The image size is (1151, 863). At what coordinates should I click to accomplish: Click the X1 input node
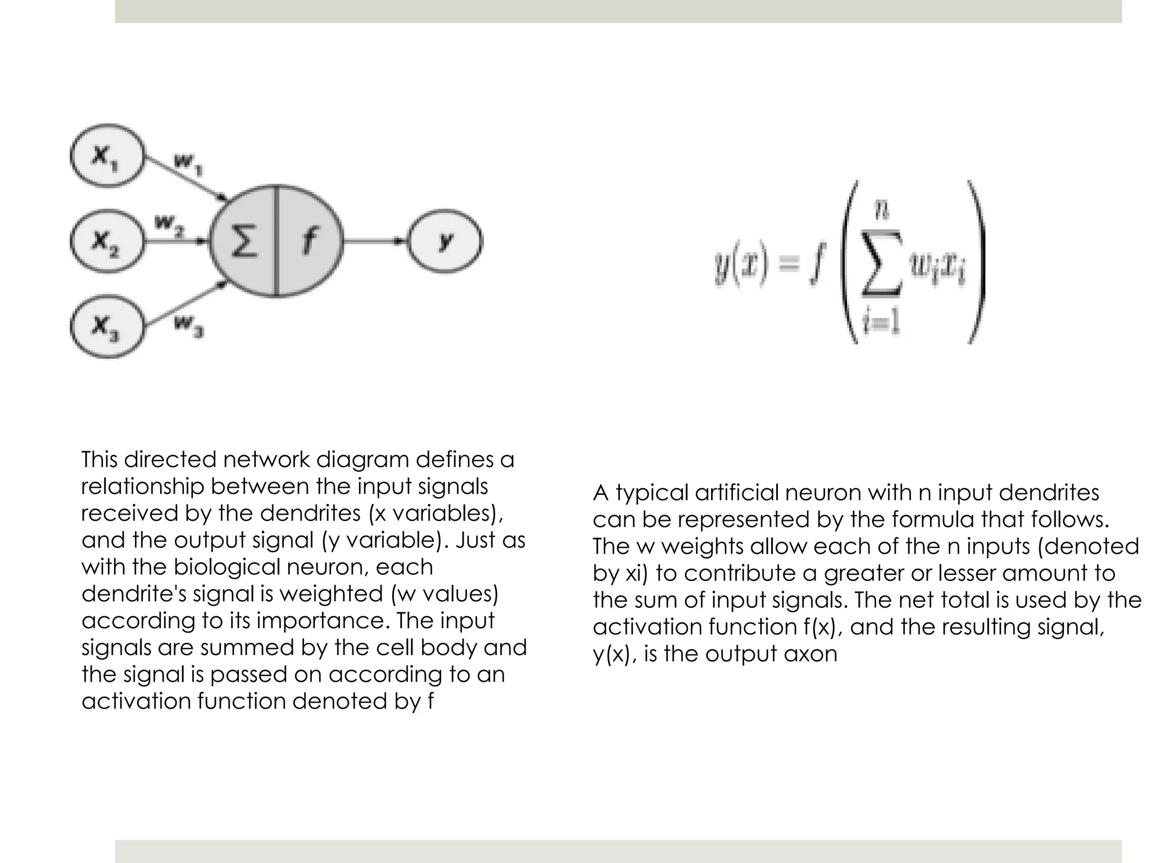click(x=107, y=155)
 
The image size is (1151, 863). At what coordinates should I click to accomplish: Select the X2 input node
click(x=107, y=242)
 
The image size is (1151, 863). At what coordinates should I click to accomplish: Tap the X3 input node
click(x=107, y=326)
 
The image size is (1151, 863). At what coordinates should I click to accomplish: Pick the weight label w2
click(x=169, y=226)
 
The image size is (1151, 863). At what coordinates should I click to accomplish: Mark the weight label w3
click(x=189, y=325)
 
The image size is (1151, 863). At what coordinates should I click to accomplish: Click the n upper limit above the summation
click(x=881, y=211)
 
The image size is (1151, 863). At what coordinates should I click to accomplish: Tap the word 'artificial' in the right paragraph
click(x=736, y=493)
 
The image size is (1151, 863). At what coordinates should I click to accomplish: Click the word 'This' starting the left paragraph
click(x=99, y=460)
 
